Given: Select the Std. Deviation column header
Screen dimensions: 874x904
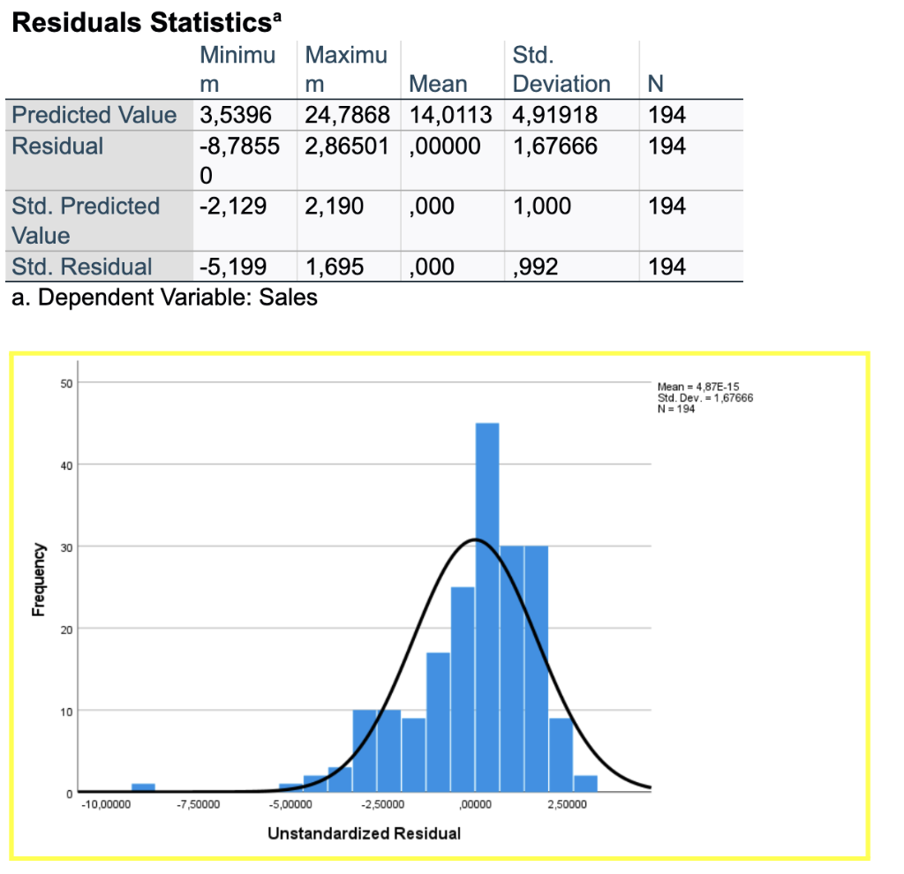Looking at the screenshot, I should [561, 71].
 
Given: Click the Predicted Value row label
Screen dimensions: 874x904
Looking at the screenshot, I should [94, 115].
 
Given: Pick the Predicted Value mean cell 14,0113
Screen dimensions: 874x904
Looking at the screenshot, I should [450, 115].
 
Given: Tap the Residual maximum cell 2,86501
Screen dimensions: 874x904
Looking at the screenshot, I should [347, 146].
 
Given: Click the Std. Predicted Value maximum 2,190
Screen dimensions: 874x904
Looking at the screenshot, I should [335, 206].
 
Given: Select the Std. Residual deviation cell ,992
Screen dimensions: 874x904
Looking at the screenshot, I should [535, 267].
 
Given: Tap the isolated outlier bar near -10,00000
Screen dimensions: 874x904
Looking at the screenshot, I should [143, 787].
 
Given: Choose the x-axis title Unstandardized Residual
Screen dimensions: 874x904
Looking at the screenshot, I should [364, 833].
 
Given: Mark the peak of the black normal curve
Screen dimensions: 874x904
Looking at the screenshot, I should [476, 539].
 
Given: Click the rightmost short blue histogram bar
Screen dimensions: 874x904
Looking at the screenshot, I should [585, 784].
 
